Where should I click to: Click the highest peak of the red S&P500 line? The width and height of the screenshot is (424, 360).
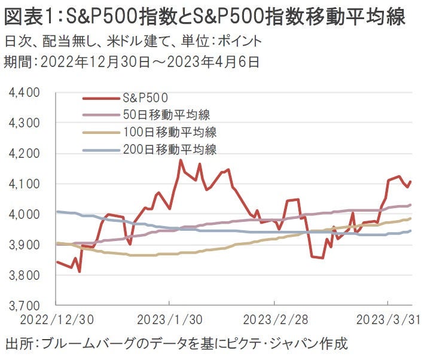[x=180, y=160]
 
